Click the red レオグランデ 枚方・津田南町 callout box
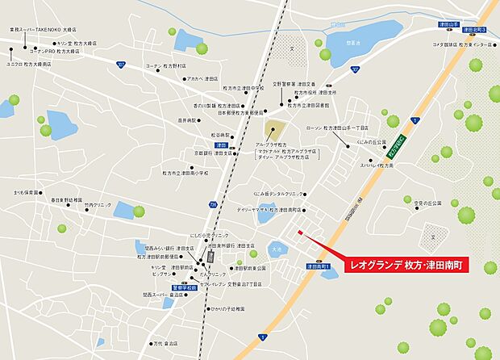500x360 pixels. point(411,265)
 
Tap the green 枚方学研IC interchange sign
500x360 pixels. point(398,149)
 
